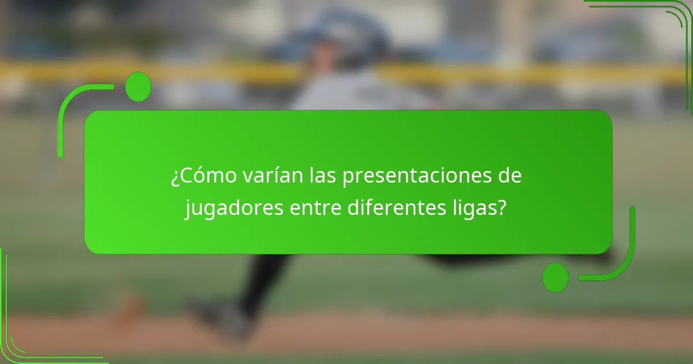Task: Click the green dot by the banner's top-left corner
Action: (137, 87)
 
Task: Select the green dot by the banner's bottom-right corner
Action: (556, 277)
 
